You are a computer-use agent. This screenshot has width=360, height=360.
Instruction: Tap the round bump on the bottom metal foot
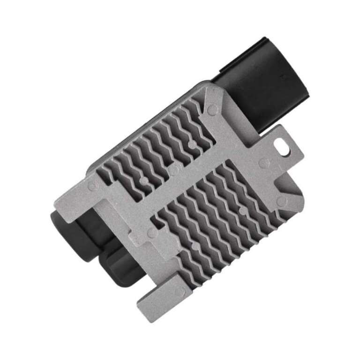click(x=179, y=291)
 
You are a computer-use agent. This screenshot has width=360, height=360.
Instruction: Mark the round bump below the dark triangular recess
click(x=282, y=201)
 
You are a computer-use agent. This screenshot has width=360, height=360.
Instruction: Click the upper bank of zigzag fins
click(x=155, y=145)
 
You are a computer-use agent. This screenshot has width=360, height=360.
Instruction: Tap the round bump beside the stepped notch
click(x=152, y=232)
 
